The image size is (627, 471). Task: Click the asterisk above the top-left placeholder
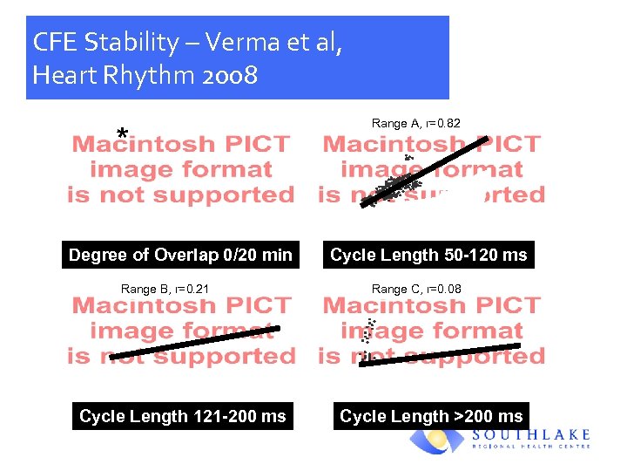coord(123,134)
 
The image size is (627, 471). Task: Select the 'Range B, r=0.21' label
coord(165,289)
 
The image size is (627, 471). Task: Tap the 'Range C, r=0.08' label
coord(416,289)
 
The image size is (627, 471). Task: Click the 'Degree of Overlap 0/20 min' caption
coord(180,255)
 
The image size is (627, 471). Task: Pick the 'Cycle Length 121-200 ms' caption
coord(182,416)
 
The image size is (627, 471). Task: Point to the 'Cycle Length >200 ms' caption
coord(431,416)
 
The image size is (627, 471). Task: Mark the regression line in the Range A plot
coord(427,170)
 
